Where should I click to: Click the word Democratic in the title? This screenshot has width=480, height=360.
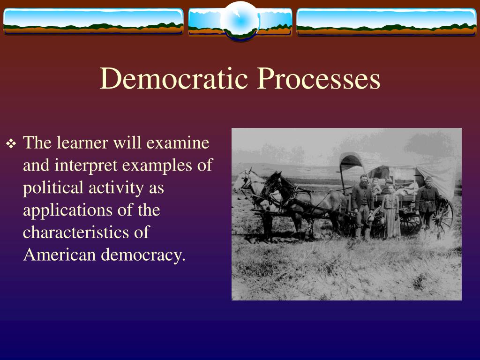[173, 78]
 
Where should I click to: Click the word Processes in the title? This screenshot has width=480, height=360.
[318, 78]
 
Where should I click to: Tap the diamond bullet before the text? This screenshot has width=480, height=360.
[11, 143]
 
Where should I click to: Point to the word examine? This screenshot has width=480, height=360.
[178, 142]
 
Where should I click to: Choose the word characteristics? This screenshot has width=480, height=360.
[75, 232]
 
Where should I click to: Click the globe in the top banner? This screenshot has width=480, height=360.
[240, 21]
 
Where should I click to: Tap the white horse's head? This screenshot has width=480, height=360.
[243, 180]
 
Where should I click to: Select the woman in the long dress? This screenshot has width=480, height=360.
[391, 211]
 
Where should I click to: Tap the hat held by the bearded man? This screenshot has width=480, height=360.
[370, 218]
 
